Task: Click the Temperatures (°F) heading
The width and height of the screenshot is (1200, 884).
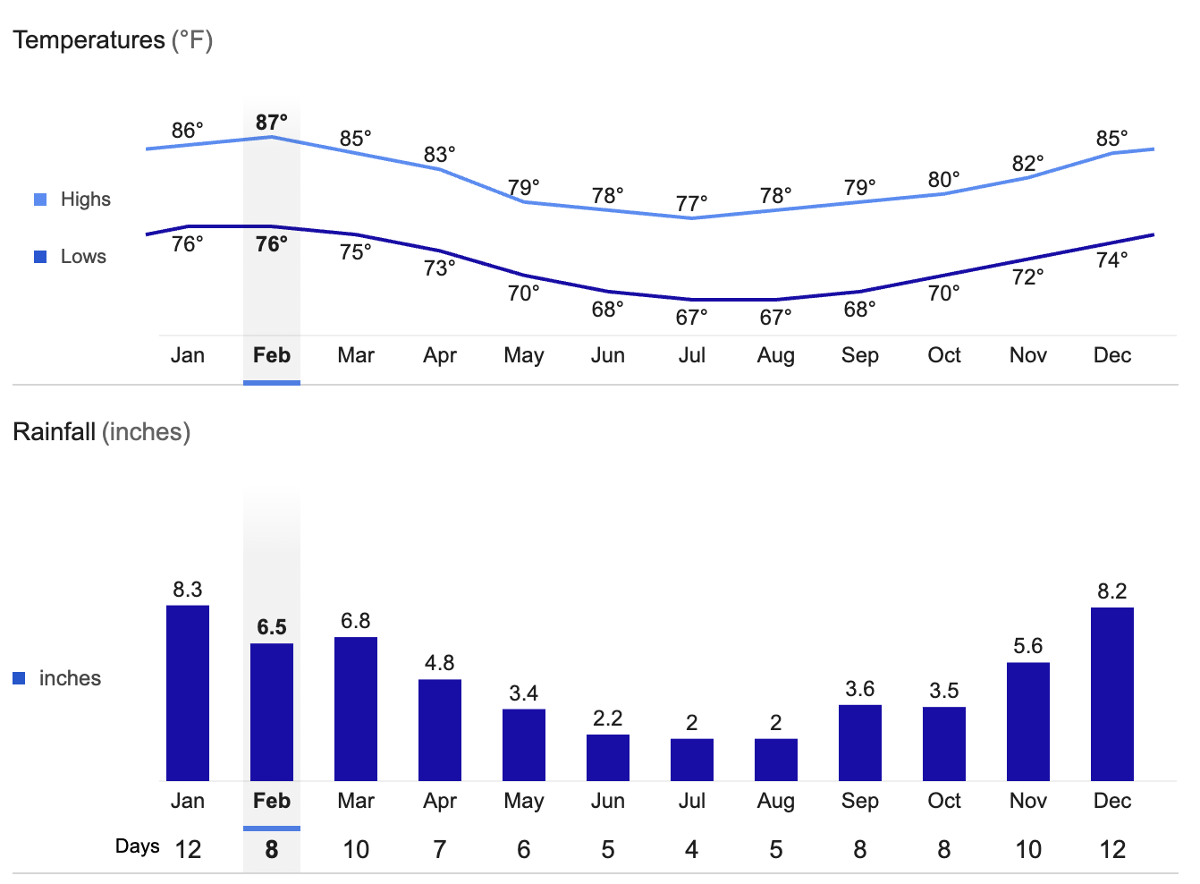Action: point(113,40)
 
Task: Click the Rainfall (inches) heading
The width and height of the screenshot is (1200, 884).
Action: point(101,432)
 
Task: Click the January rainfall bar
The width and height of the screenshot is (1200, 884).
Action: point(188,693)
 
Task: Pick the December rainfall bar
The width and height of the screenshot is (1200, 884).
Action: point(1111,694)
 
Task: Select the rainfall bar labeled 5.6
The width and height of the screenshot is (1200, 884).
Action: point(1027,721)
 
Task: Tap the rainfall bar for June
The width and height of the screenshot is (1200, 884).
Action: point(608,757)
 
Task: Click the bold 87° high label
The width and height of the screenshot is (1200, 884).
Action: point(272,122)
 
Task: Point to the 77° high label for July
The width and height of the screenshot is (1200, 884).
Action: point(692,203)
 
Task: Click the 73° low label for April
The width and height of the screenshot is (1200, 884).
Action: point(440,268)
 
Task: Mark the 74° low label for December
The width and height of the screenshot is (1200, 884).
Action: point(1111,259)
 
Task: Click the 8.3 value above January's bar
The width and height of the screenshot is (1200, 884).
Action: point(188,590)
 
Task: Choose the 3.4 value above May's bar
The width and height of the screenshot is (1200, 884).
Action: point(524,693)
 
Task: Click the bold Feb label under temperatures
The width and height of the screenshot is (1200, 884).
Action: point(272,355)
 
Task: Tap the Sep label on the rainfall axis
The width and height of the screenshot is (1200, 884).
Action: point(859,801)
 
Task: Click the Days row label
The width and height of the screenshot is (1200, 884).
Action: point(137,846)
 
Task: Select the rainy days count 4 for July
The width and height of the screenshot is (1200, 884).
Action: point(691,849)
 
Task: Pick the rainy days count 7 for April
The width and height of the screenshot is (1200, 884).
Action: point(440,849)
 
